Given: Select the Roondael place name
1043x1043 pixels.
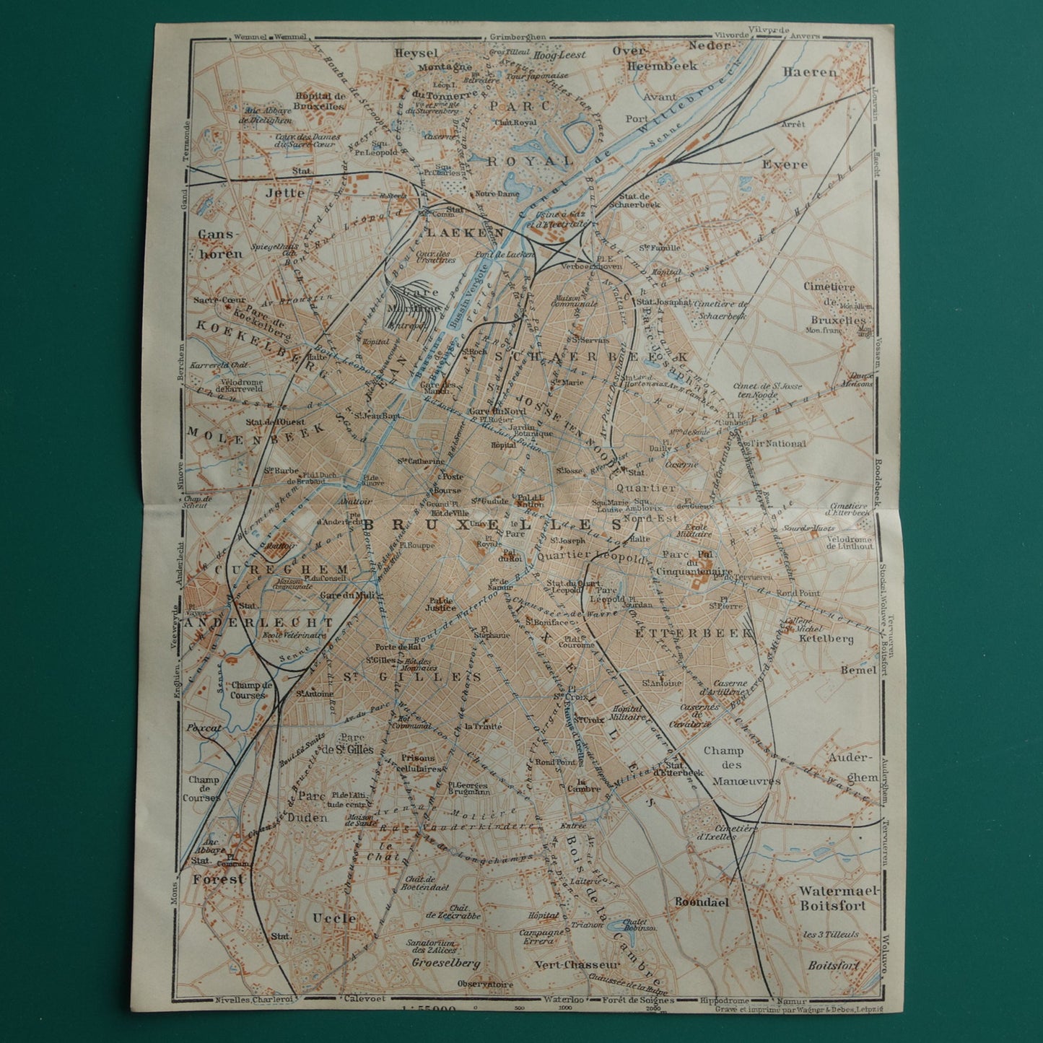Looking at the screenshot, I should click(701, 902).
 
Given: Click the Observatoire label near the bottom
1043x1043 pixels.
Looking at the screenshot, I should click(486, 984).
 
